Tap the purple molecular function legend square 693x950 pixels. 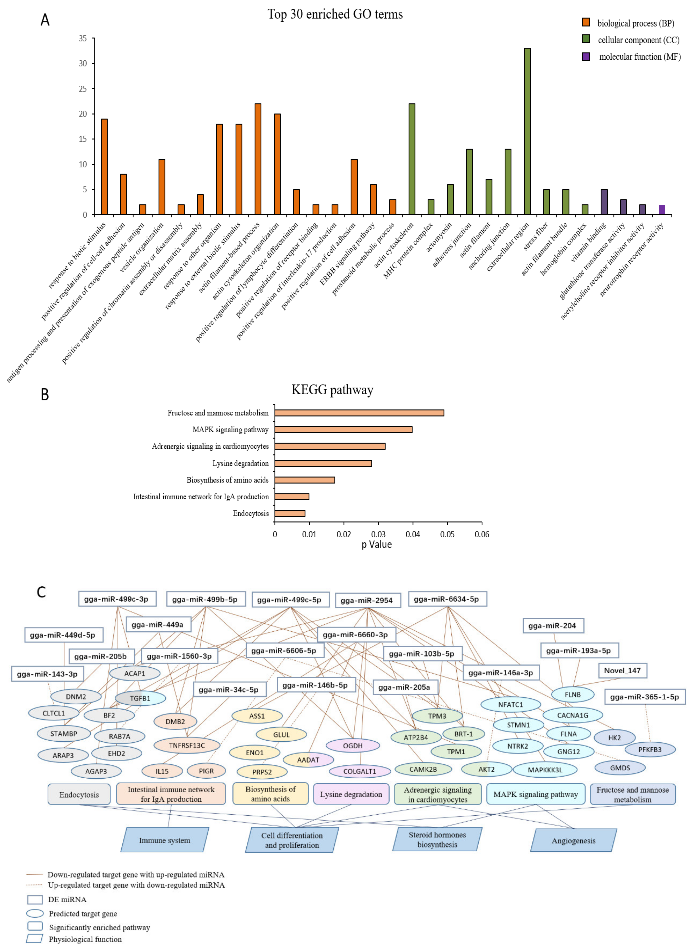click(x=586, y=57)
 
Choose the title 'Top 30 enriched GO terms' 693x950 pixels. click(x=335, y=15)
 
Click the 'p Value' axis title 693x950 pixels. click(x=377, y=545)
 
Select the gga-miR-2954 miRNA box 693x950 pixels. click(x=368, y=600)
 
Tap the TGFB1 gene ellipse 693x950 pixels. click(x=140, y=699)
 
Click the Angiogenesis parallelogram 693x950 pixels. click(x=573, y=841)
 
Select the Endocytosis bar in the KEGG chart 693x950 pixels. click(x=290, y=513)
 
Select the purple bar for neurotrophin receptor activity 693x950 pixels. click(x=662, y=210)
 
